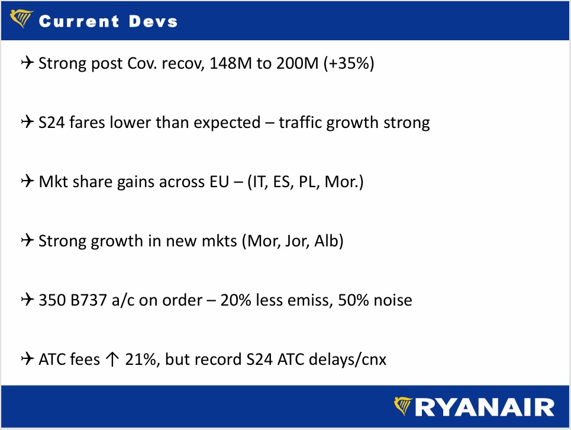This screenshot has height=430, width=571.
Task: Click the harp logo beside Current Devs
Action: pyautogui.click(x=21, y=18)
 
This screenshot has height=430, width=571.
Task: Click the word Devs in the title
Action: pyautogui.click(x=153, y=21)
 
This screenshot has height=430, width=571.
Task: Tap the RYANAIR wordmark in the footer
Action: pyautogui.click(x=485, y=407)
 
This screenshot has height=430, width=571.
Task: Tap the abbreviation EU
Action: pyautogui.click(x=219, y=181)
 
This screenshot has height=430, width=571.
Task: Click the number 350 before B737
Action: pyautogui.click(x=52, y=300)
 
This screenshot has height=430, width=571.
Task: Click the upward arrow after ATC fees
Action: pyautogui.click(x=112, y=360)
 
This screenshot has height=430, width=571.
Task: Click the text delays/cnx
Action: pyautogui.click(x=347, y=360)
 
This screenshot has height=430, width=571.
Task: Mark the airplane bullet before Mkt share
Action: pyautogui.click(x=27, y=181)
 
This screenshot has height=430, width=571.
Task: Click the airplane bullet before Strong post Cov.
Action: pyautogui.click(x=27, y=62)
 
